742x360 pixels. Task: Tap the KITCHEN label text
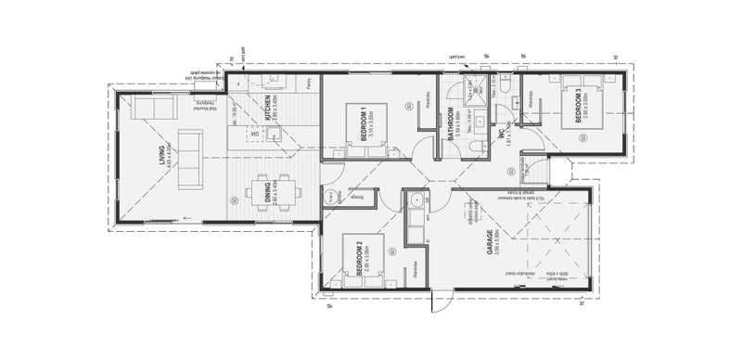pyautogui.click(x=268, y=109)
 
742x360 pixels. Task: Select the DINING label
pyautogui.click(x=268, y=194)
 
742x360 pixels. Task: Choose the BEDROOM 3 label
pyautogui.click(x=580, y=106)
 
